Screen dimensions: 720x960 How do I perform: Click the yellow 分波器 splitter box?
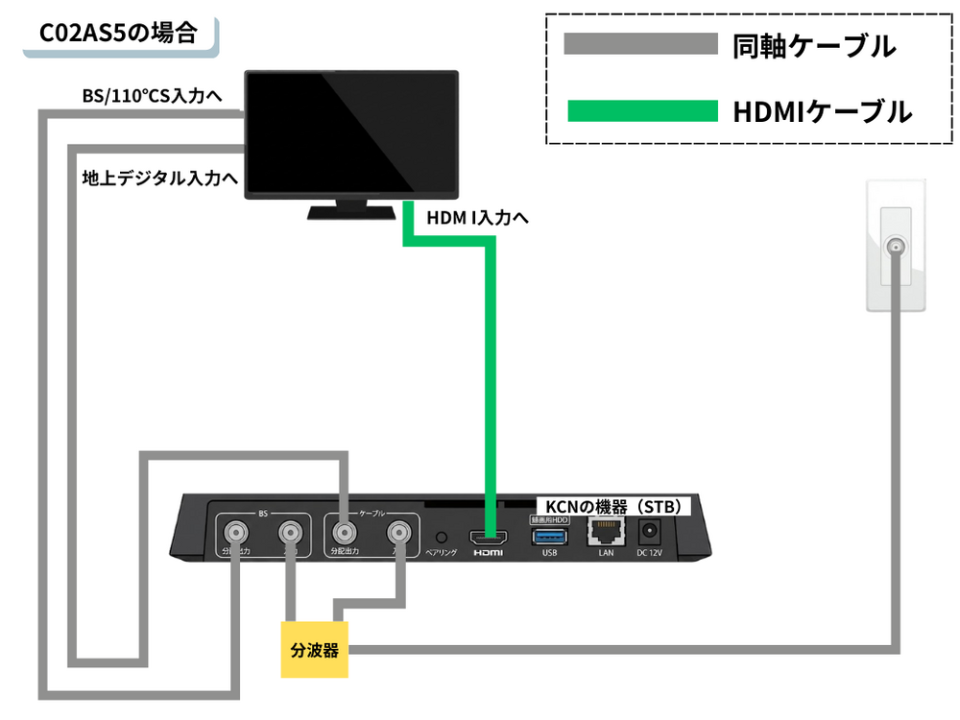click(x=315, y=650)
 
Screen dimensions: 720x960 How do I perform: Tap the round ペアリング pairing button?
click(x=442, y=538)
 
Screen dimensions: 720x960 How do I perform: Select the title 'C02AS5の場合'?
click(x=118, y=35)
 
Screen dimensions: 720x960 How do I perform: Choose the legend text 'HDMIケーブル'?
click(x=822, y=112)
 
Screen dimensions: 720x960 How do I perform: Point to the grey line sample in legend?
click(x=640, y=44)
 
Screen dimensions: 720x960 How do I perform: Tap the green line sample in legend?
click(x=640, y=111)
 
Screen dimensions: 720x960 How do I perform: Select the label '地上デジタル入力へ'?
click(x=159, y=178)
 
